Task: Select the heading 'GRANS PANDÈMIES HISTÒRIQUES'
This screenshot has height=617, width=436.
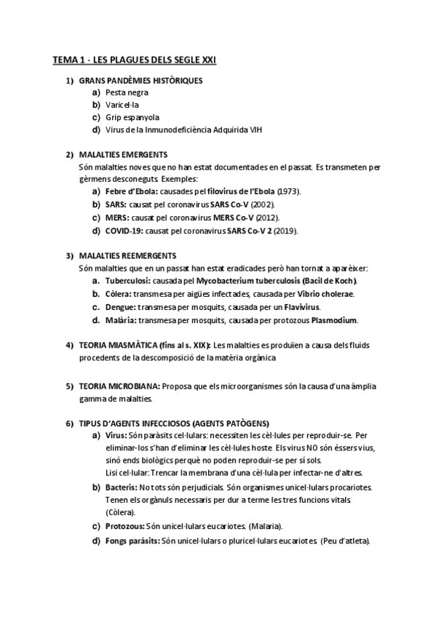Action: point(140,80)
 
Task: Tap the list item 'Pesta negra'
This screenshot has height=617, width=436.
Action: point(127,92)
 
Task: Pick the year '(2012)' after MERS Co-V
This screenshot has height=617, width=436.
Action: point(266,218)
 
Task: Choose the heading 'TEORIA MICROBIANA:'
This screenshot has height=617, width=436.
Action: point(119,386)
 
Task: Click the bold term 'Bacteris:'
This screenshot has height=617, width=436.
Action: point(122,487)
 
